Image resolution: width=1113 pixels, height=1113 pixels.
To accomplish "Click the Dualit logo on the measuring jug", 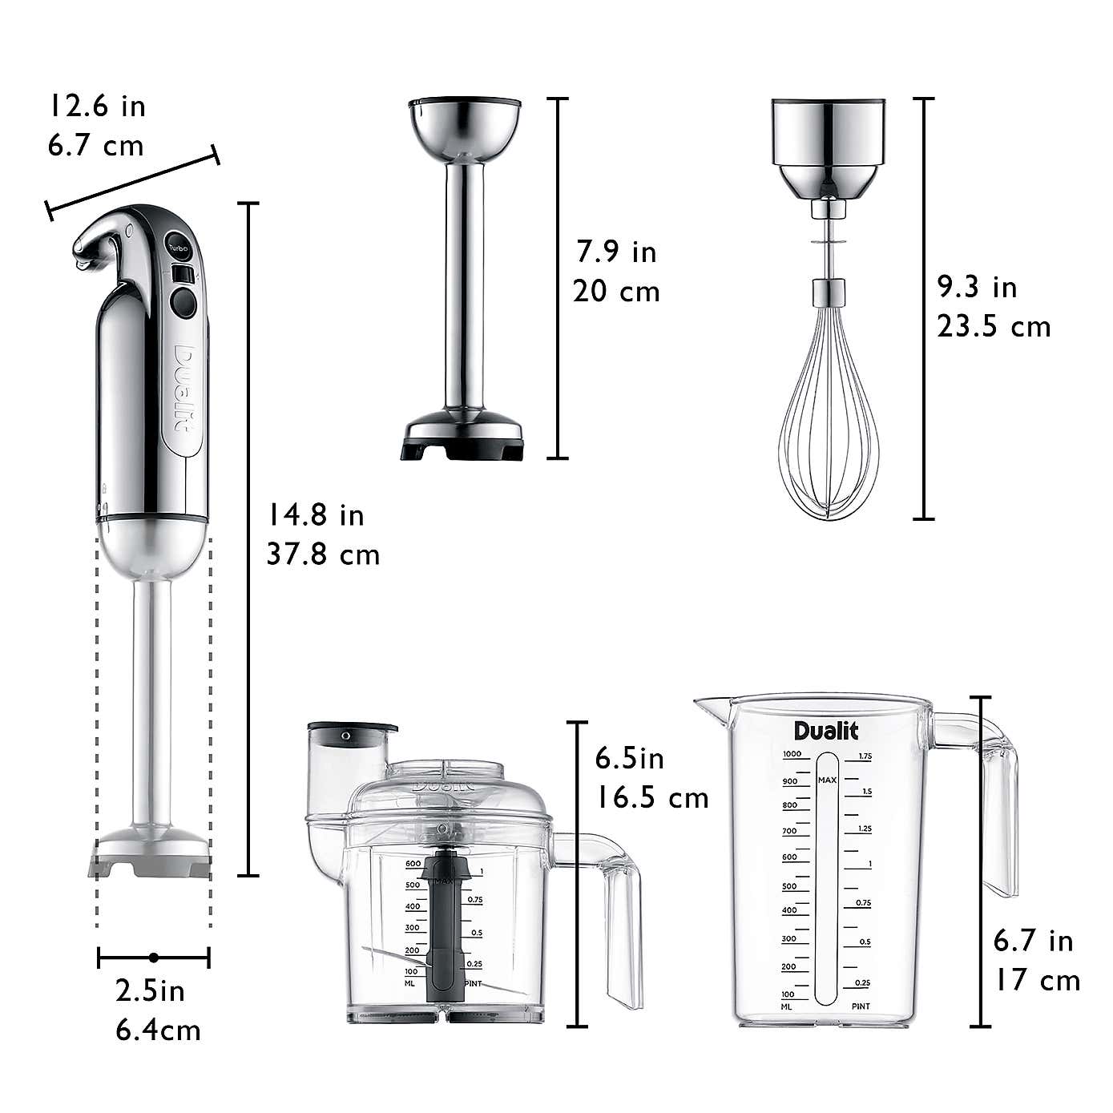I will (826, 731).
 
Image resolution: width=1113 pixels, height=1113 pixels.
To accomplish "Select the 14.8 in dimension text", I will (316, 514).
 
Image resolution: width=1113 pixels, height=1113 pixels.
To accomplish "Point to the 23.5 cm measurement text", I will (994, 326).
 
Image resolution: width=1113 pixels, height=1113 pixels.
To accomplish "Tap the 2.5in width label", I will (151, 991).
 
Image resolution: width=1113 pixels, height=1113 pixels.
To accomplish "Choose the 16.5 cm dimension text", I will (651, 797).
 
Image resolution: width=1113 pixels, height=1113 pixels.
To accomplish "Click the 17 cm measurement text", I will (1037, 980).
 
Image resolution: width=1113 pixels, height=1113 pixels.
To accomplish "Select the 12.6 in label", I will (98, 105).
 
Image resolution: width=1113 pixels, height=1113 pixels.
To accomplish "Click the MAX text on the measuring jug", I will (827, 779).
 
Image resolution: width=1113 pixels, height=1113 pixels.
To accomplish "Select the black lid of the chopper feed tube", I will (353, 731).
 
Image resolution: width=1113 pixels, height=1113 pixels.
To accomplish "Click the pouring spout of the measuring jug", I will (709, 704).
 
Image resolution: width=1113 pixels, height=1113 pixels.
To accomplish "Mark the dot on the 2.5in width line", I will (153, 957).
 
